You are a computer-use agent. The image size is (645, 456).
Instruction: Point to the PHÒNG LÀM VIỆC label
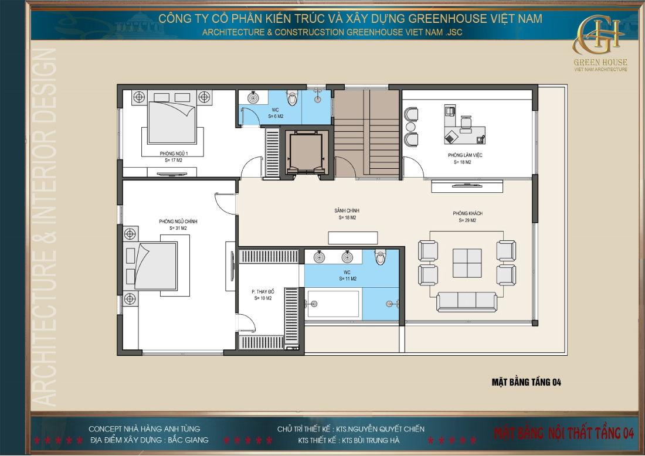pos(464,155)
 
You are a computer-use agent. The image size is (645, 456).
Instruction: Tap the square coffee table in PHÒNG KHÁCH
pos(467,263)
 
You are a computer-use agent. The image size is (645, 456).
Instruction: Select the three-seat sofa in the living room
pos(467,301)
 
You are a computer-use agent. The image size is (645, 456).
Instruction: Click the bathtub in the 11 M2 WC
pos(332,304)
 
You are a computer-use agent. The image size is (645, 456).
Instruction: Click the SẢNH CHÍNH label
pos(347,210)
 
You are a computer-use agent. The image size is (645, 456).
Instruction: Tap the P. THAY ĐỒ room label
pos(262,291)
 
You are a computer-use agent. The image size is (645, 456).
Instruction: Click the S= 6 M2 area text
pos(276,117)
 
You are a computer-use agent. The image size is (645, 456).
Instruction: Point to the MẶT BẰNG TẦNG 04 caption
pos(527,382)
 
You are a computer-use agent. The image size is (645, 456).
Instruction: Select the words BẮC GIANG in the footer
pos(188,440)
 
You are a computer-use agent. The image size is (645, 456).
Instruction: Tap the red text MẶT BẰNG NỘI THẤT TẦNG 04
pos(564,434)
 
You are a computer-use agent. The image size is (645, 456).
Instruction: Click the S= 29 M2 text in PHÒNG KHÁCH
pos(467,221)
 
